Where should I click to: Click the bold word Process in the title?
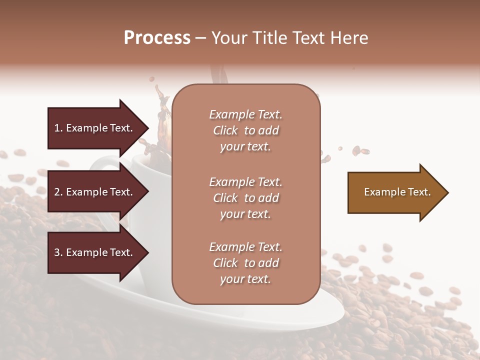coord(157,38)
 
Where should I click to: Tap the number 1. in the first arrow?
coord(58,128)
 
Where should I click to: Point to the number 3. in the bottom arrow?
coord(58,252)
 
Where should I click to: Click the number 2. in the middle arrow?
coord(58,192)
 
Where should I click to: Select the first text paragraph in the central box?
coord(245,130)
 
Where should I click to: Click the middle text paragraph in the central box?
coord(245,198)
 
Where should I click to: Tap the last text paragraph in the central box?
coord(245,263)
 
